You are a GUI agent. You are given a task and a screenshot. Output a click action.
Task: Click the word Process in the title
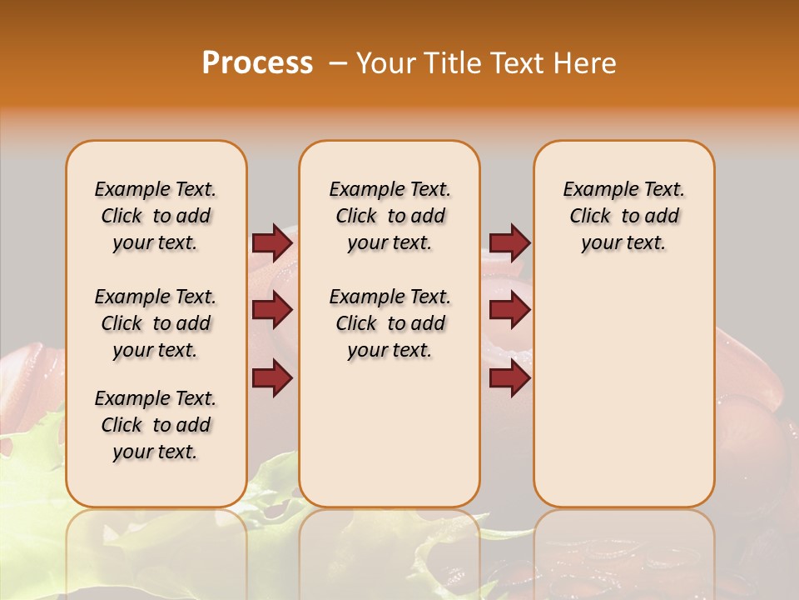tap(257, 63)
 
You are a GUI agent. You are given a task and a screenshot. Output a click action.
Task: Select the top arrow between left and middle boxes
tap(272, 242)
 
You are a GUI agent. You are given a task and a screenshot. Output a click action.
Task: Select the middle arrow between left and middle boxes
tap(272, 311)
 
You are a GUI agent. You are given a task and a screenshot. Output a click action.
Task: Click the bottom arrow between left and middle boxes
tap(272, 379)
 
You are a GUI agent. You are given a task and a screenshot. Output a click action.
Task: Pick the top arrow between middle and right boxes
tap(509, 242)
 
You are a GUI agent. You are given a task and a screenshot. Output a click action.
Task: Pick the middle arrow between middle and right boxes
tap(509, 311)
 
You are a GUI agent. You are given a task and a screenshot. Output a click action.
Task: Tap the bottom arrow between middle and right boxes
tap(509, 379)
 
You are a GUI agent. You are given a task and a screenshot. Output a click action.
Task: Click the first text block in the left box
tap(156, 216)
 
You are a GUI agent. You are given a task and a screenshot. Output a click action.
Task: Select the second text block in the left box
tap(156, 323)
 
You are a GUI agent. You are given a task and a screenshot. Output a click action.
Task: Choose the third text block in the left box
tap(156, 425)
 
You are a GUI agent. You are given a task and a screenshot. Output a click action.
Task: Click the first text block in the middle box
tap(390, 216)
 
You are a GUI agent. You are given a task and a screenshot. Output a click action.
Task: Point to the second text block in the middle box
tap(390, 323)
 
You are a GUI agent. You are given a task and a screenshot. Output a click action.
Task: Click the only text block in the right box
tap(623, 216)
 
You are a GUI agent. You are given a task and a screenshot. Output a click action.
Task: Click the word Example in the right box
tap(594, 190)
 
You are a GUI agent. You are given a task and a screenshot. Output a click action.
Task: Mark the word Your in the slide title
tap(384, 63)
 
